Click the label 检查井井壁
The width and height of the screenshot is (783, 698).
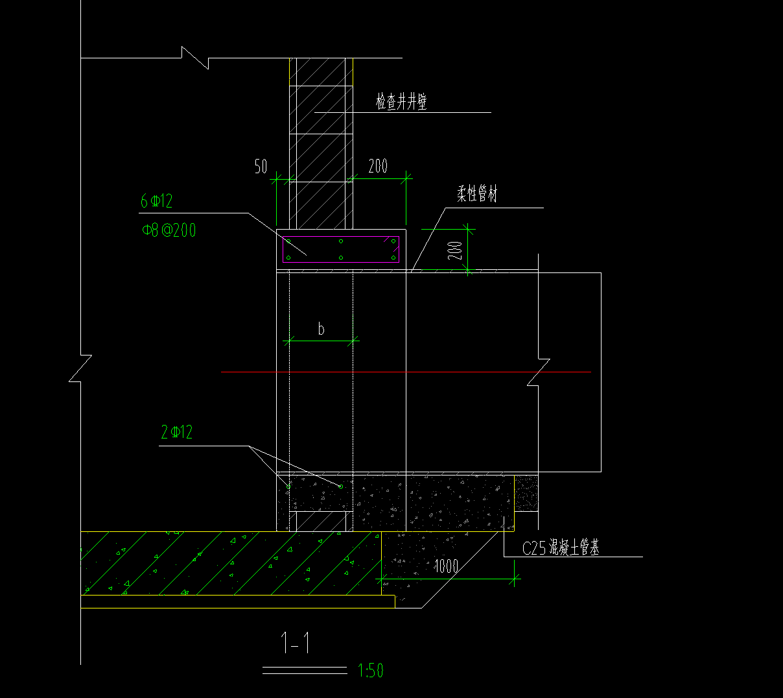401,101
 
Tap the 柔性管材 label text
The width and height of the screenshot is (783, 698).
477,193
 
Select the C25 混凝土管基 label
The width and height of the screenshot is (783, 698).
561,548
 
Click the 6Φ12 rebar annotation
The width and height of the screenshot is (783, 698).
156,201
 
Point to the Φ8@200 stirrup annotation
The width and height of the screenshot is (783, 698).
169,230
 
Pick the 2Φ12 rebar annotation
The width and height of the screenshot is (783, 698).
176,432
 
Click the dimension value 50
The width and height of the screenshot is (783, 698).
261,166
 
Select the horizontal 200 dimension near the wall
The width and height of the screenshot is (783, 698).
378,166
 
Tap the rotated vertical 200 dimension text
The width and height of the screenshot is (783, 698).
455,250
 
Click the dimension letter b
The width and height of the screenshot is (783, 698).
321,328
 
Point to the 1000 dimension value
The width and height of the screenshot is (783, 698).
447,566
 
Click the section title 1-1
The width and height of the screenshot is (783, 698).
296,643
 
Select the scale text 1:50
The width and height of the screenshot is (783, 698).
370,671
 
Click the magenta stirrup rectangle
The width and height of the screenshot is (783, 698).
341,249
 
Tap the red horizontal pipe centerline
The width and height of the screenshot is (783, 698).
406,372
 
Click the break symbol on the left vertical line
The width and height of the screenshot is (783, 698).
80,368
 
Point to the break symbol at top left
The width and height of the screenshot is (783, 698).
195,58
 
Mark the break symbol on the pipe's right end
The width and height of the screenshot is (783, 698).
539,372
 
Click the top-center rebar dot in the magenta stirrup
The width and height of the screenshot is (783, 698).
341,241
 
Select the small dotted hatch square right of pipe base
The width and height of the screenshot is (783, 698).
526,493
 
